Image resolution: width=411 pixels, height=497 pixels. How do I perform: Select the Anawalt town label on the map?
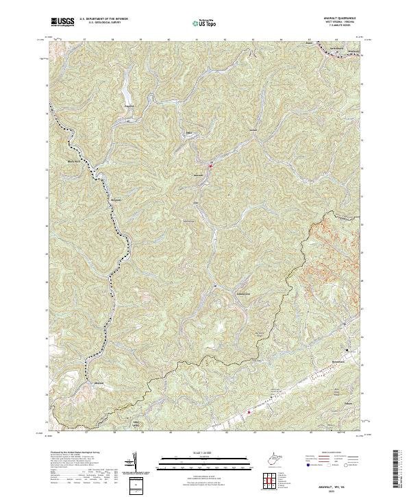coord(199,176)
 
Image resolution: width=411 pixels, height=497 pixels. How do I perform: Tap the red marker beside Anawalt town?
coord(211,165)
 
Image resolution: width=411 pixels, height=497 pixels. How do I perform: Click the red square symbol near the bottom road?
coord(249,411)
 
